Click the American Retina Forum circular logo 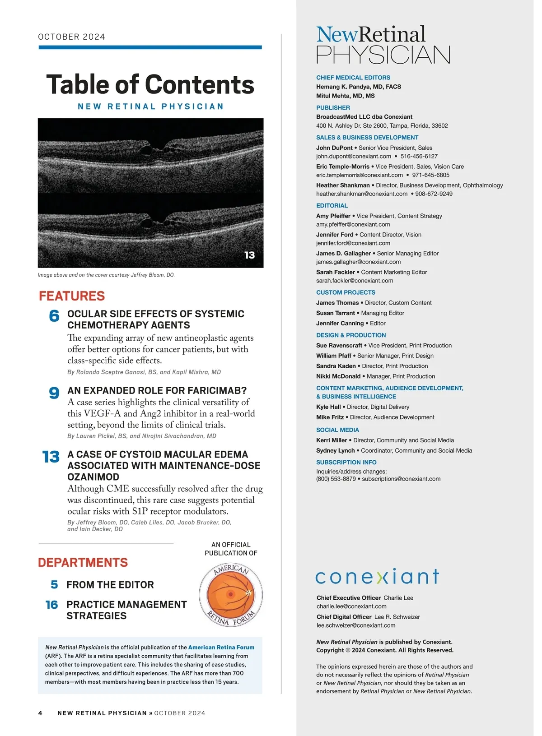coord(231,595)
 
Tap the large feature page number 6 coord(54,315)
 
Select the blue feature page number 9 coord(54,393)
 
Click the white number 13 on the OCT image coord(249,255)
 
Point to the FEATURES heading coord(72,296)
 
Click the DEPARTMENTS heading coord(83,562)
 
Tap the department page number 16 coord(52,605)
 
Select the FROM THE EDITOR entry coord(110,585)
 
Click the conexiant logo coord(377,576)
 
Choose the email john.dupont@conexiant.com coord(354,156)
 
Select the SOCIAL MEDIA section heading coord(337,430)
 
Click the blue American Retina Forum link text coord(221,647)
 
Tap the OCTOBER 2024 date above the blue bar coord(71,37)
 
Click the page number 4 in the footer coord(40,713)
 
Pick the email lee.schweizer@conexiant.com coord(356,625)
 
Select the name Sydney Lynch coord(336,450)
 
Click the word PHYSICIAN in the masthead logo coord(383,55)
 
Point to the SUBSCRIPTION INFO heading coord(346,462)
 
